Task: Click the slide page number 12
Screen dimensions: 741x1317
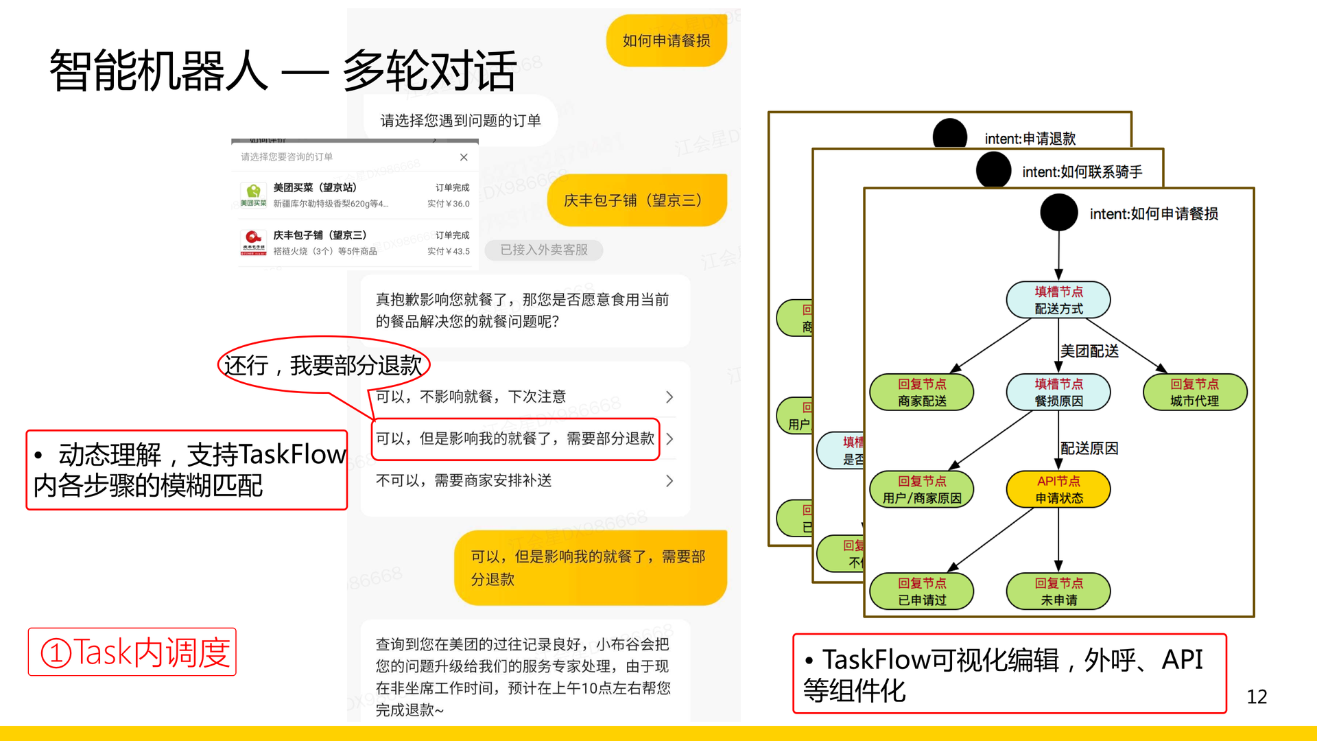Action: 1257,696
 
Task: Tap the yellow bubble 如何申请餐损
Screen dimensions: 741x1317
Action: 666,41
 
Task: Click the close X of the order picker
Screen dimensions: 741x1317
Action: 464,157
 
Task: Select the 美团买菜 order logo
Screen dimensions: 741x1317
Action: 253,193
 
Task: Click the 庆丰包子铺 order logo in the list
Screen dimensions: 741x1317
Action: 253,242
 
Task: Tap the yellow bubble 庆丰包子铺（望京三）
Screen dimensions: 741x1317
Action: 636,200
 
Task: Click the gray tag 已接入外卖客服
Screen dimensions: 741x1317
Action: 544,250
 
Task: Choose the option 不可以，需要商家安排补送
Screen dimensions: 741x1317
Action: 464,480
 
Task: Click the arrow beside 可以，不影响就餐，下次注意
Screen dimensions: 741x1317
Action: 669,397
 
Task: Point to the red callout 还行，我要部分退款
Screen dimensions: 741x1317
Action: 324,365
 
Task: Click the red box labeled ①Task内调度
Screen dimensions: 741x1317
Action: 132,652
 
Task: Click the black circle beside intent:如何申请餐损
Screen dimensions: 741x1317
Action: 1058,213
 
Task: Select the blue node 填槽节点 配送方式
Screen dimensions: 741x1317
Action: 1058,300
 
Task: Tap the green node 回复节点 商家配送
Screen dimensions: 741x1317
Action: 922,392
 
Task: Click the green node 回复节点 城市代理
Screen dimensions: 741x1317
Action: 1194,392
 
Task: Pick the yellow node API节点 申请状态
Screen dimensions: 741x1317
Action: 1058,489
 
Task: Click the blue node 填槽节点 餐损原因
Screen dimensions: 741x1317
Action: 1058,392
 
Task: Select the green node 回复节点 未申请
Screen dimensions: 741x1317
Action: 1058,591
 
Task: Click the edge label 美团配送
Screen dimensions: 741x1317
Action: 1089,351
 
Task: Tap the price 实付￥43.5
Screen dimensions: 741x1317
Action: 449,251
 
